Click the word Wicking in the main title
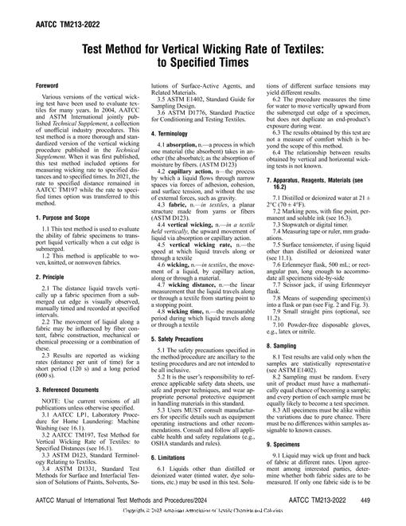pyautogui.click(x=217, y=49)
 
